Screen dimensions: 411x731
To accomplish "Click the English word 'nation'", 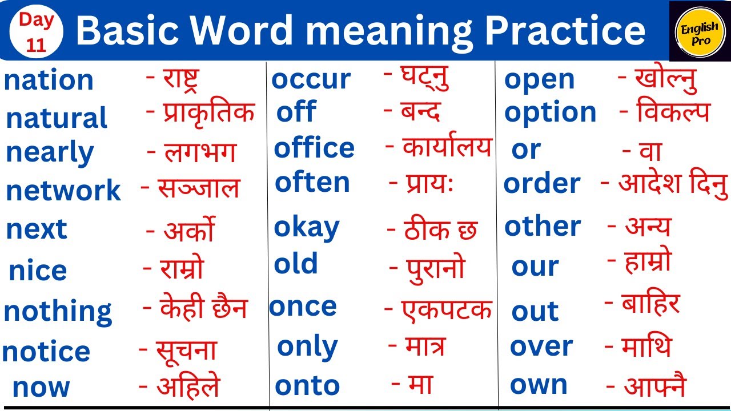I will (x=49, y=80).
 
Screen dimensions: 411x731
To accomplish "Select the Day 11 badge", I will (x=36, y=32).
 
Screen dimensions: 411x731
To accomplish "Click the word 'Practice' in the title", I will (x=565, y=31).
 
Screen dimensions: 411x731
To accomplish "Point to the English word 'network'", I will (x=63, y=191).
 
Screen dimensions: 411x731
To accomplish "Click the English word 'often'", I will (x=312, y=183).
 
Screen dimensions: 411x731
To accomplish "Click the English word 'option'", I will (x=550, y=113).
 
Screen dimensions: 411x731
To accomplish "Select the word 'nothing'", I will (x=58, y=312).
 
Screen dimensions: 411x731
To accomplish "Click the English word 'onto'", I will (x=307, y=386).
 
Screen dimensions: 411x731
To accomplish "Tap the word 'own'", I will (x=539, y=385).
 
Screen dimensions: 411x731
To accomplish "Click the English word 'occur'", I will (x=311, y=79).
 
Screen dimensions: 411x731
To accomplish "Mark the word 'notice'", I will (x=46, y=352).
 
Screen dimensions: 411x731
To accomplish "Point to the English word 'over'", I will (x=541, y=346).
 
